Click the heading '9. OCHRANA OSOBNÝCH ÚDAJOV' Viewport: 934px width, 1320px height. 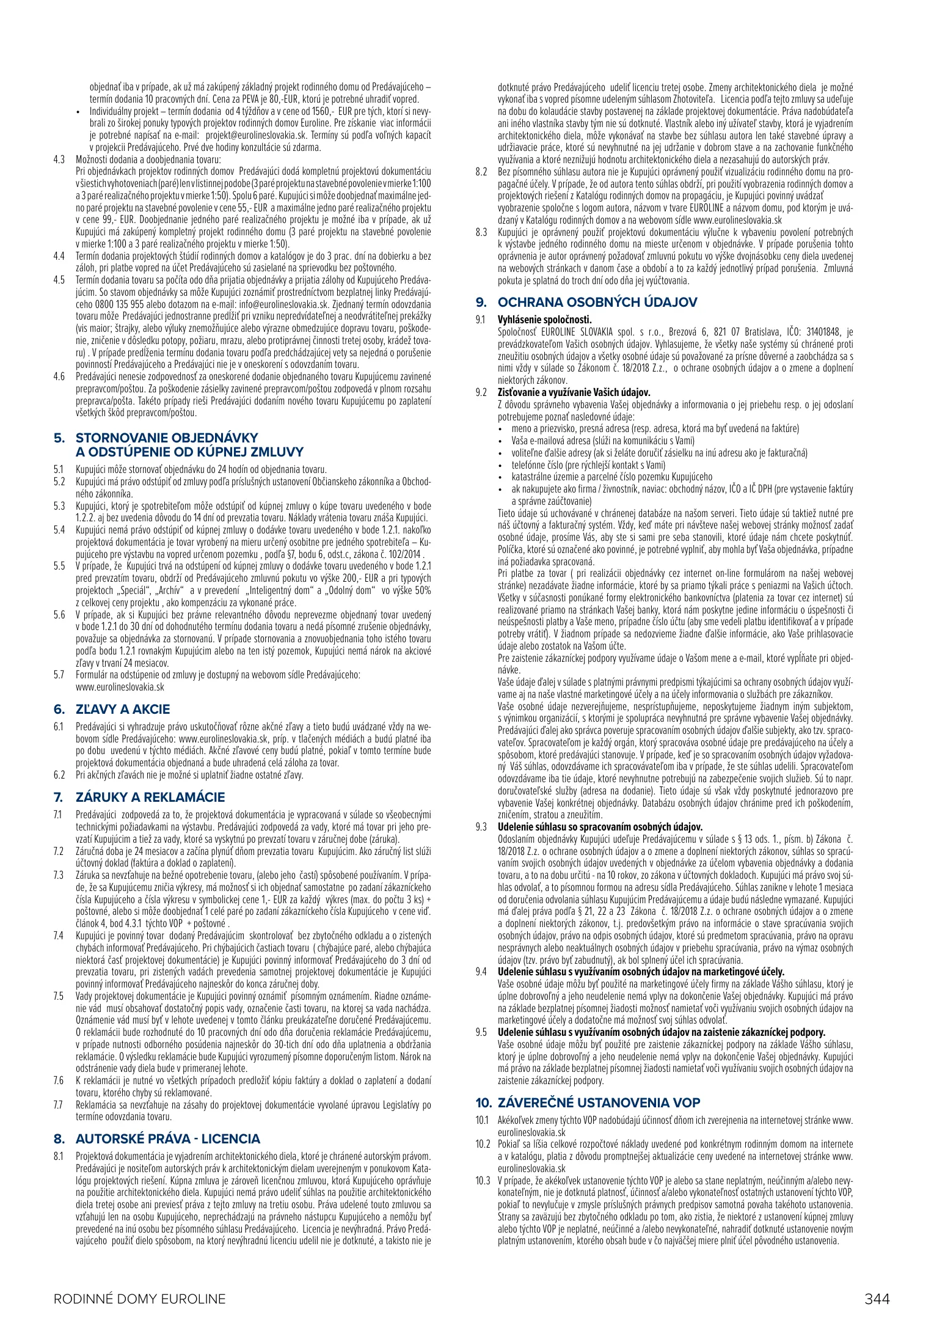[x=586, y=302]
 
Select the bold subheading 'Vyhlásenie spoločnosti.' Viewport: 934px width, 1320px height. [x=545, y=320]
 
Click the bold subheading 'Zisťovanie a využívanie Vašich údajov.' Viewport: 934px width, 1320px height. [x=574, y=392]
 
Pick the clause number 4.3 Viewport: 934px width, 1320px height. [x=59, y=159]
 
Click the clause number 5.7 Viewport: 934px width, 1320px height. [x=59, y=675]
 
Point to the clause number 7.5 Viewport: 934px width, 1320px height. [x=59, y=996]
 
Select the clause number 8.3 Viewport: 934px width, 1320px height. [x=481, y=232]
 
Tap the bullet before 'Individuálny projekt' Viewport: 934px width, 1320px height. [x=79, y=112]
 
